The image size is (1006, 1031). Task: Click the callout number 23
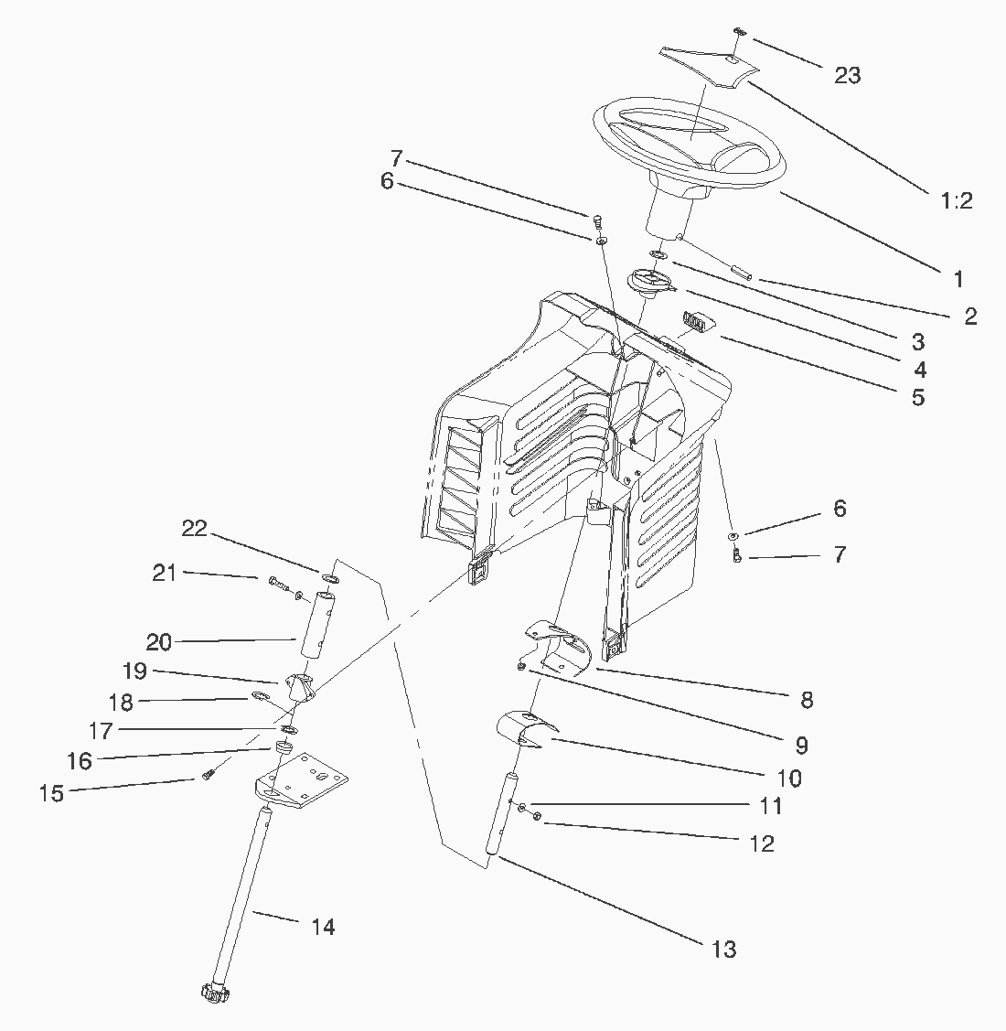click(x=847, y=75)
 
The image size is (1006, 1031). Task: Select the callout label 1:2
click(x=955, y=200)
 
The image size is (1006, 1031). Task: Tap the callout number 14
click(x=323, y=927)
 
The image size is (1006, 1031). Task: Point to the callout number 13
click(x=723, y=949)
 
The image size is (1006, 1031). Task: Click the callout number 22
click(x=195, y=529)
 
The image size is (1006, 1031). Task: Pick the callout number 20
click(x=159, y=642)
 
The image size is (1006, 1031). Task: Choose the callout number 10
click(x=788, y=778)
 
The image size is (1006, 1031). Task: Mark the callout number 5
click(x=918, y=397)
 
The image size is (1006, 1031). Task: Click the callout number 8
click(x=806, y=700)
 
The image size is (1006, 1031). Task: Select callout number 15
click(x=52, y=792)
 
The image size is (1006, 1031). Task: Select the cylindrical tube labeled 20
click(x=314, y=622)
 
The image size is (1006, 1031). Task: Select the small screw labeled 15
click(x=208, y=776)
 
